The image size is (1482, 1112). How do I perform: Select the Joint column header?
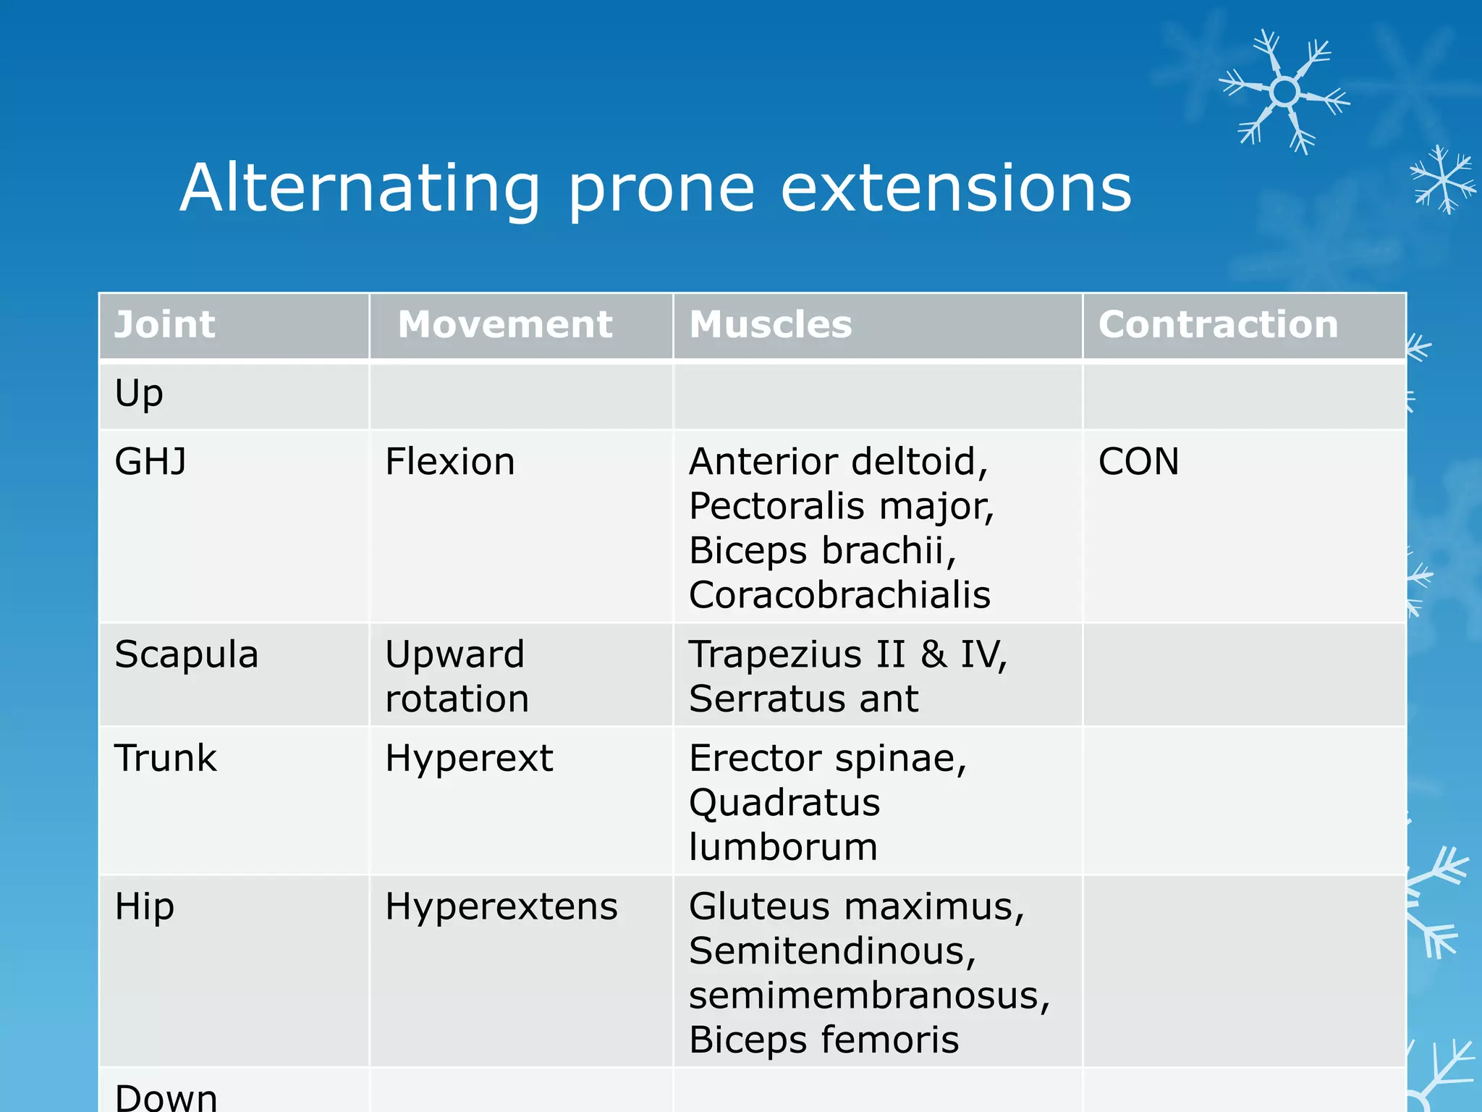165,324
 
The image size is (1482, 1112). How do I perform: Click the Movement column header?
505,324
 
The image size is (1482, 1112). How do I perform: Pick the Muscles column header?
771,324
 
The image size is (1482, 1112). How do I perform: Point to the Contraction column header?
1218,324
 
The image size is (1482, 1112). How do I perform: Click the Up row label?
139,395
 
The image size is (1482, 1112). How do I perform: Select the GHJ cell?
151,462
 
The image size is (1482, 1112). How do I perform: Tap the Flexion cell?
449,462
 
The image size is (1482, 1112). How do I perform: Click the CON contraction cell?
1138,462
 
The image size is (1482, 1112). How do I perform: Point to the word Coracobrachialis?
839,595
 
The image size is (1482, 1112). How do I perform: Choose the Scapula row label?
186,654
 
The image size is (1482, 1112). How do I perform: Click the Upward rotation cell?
456,676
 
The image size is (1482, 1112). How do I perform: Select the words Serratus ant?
803,699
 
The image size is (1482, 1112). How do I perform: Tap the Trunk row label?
165,759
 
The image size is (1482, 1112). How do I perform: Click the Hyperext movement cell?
468,759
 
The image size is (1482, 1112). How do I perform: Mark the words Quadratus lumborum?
784,825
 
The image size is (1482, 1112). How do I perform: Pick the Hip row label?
144,906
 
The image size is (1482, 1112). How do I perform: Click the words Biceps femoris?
823,1040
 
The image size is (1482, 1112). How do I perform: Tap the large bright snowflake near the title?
1284,92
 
